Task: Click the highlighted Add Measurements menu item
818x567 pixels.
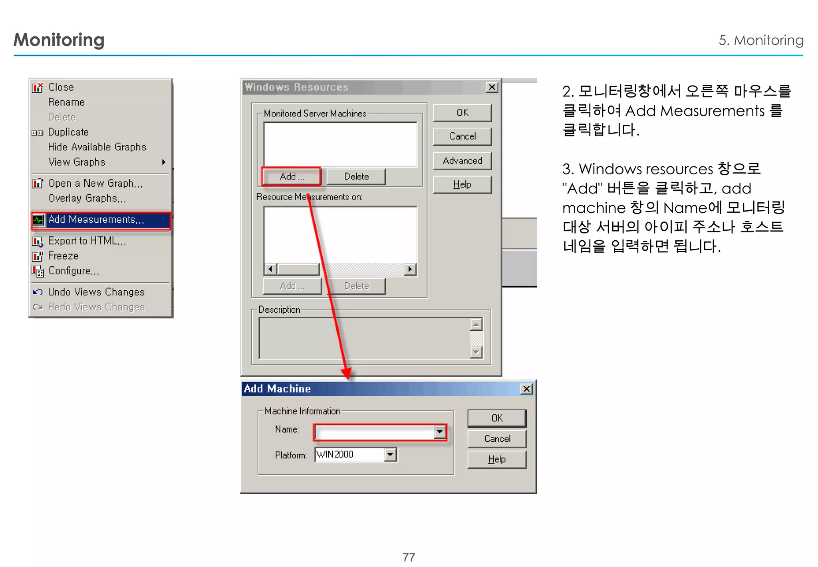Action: point(96,220)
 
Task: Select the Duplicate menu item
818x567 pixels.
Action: point(68,132)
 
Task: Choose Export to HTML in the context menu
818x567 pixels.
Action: point(87,241)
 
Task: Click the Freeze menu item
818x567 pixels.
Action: point(63,256)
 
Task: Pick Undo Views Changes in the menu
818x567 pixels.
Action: point(96,292)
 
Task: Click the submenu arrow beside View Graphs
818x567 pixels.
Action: point(163,162)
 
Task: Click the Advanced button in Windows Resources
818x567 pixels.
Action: point(462,161)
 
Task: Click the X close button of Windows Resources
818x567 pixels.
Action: point(492,87)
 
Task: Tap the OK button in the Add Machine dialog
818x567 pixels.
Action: point(496,418)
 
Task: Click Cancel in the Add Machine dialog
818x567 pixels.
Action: point(497,439)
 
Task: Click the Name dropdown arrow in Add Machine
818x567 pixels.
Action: point(440,432)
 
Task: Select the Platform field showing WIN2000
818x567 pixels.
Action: point(350,455)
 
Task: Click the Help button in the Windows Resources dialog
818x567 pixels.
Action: point(462,185)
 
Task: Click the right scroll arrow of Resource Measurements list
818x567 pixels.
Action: point(410,269)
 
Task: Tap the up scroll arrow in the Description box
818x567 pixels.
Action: point(476,324)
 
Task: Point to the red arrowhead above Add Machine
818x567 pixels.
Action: point(347,373)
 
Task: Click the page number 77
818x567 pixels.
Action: point(409,557)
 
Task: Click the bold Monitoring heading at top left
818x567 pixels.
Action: point(59,40)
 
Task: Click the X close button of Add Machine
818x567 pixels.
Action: point(527,389)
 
